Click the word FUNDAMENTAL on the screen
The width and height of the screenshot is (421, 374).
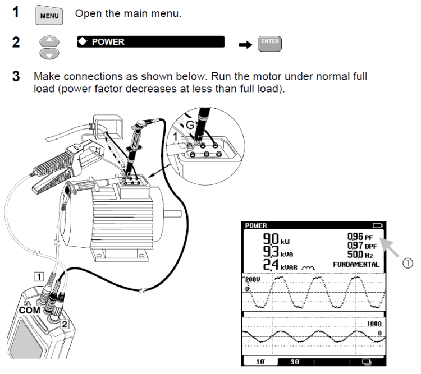coord(356,264)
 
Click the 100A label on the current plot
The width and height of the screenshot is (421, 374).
coord(373,324)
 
